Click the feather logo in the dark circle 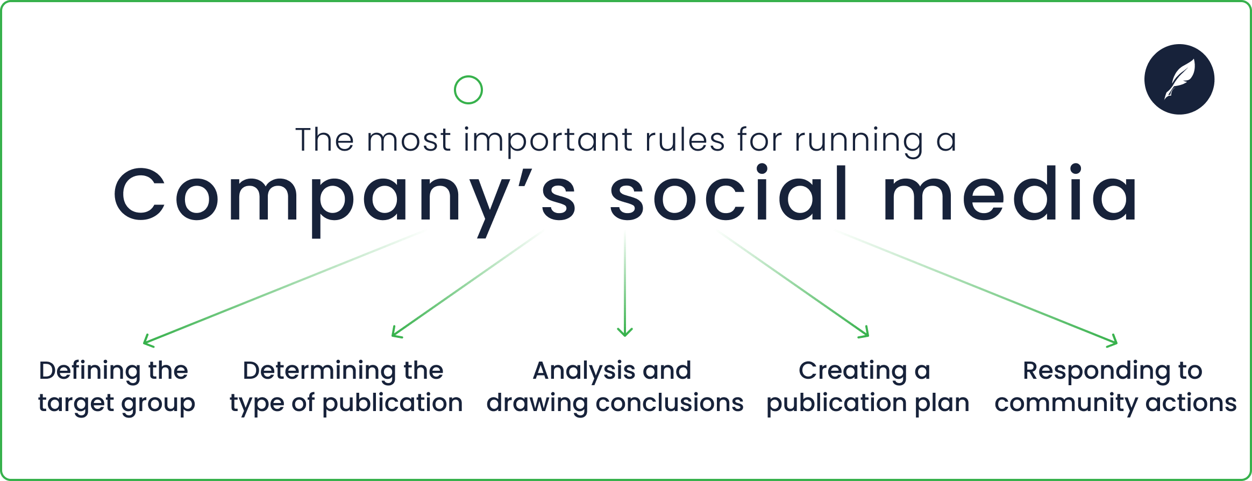tap(1179, 79)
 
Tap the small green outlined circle tap(468, 90)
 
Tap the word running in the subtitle tap(858, 141)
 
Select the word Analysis tap(584, 371)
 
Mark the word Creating tap(852, 371)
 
